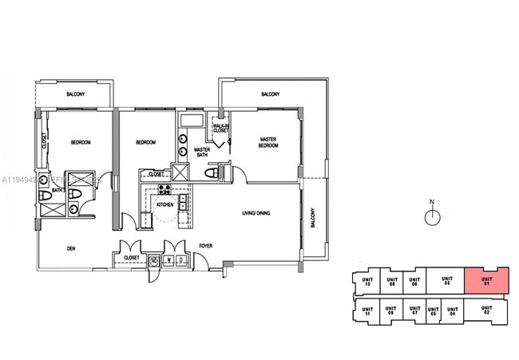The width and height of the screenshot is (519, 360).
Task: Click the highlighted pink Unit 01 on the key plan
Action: [x=485, y=280]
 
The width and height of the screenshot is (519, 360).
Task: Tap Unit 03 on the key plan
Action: [x=447, y=280]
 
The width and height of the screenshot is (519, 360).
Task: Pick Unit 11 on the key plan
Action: [x=366, y=311]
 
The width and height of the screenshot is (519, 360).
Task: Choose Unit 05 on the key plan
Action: [x=433, y=311]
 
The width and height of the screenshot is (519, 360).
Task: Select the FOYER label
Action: [x=204, y=246]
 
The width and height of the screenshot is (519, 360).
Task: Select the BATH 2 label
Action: [x=57, y=192]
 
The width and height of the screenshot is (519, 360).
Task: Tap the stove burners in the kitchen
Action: [x=165, y=190]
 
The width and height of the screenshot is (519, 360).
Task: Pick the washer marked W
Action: [x=170, y=259]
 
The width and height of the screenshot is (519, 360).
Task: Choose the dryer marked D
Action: [x=181, y=259]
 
